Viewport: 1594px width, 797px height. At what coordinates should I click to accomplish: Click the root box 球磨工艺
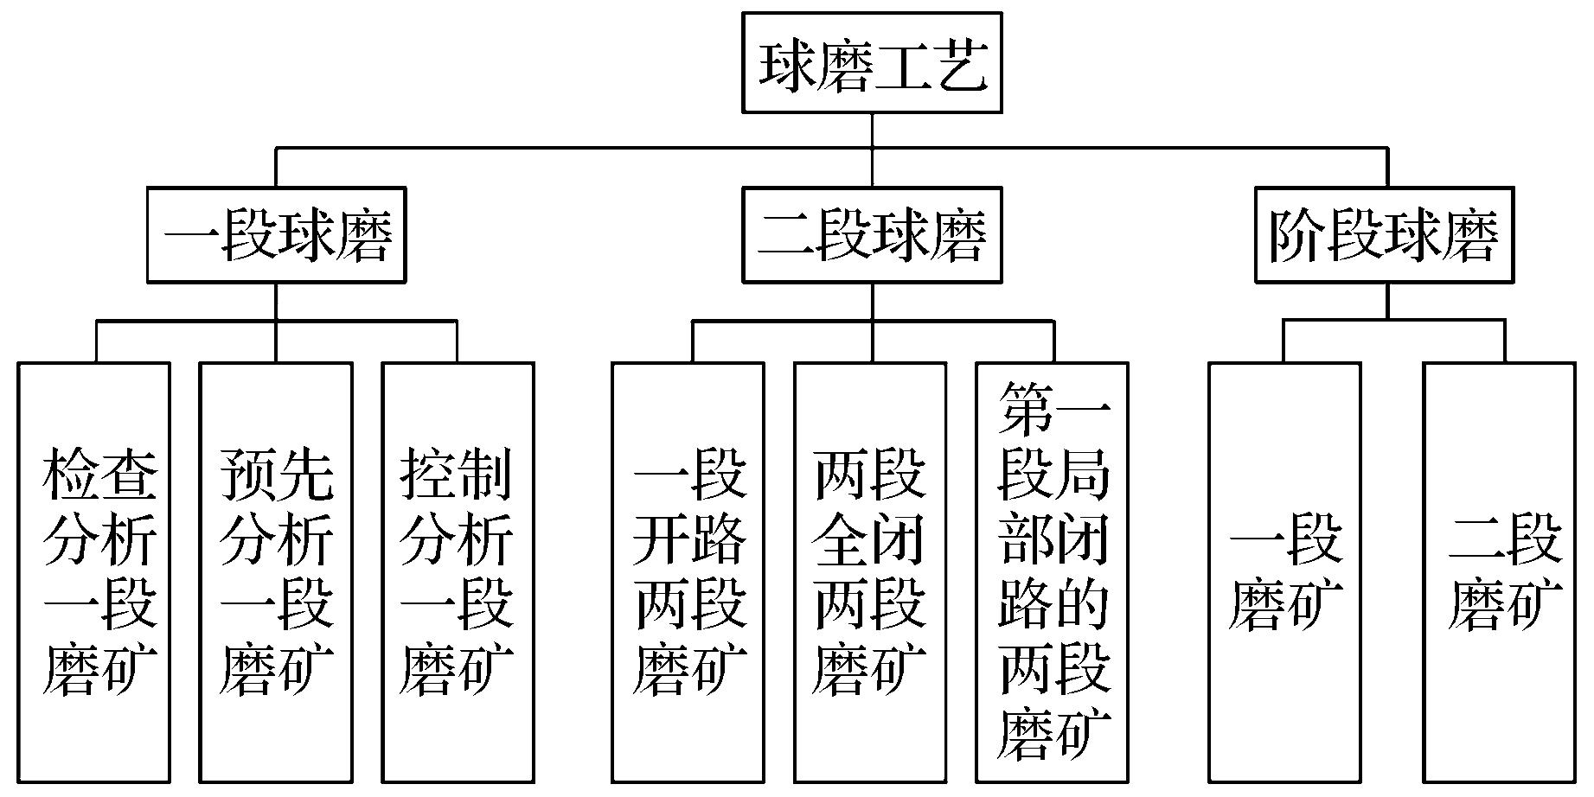[872, 62]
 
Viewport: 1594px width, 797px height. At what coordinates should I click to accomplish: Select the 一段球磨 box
[276, 235]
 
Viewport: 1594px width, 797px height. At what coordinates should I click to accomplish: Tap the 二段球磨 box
[872, 235]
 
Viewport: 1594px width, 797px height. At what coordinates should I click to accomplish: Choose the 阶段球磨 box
[1385, 235]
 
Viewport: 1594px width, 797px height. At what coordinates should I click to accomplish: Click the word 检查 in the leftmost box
[99, 474]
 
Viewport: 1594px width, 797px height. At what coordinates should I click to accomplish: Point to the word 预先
[276, 474]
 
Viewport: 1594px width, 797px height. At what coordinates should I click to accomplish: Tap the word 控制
[457, 474]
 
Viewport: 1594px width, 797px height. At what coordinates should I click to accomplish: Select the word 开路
[689, 540]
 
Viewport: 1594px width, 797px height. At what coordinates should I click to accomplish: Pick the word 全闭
[870, 540]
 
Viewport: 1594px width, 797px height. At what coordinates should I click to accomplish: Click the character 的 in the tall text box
[1082, 603]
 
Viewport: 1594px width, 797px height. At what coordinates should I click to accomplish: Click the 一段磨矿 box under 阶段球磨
[1284, 571]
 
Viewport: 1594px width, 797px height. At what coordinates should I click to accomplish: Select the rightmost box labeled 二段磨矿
[1501, 571]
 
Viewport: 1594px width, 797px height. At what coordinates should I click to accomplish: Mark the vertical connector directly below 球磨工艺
[872, 130]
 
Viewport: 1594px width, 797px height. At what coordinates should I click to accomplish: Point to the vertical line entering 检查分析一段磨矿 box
[97, 342]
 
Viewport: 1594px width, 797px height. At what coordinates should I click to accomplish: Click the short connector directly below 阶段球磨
[1387, 301]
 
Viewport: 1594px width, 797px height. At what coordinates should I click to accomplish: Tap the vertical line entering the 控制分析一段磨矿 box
[457, 342]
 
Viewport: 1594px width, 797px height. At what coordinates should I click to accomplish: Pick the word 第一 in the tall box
[1053, 409]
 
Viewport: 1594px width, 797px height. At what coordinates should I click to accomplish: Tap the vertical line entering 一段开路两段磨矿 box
[692, 342]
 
